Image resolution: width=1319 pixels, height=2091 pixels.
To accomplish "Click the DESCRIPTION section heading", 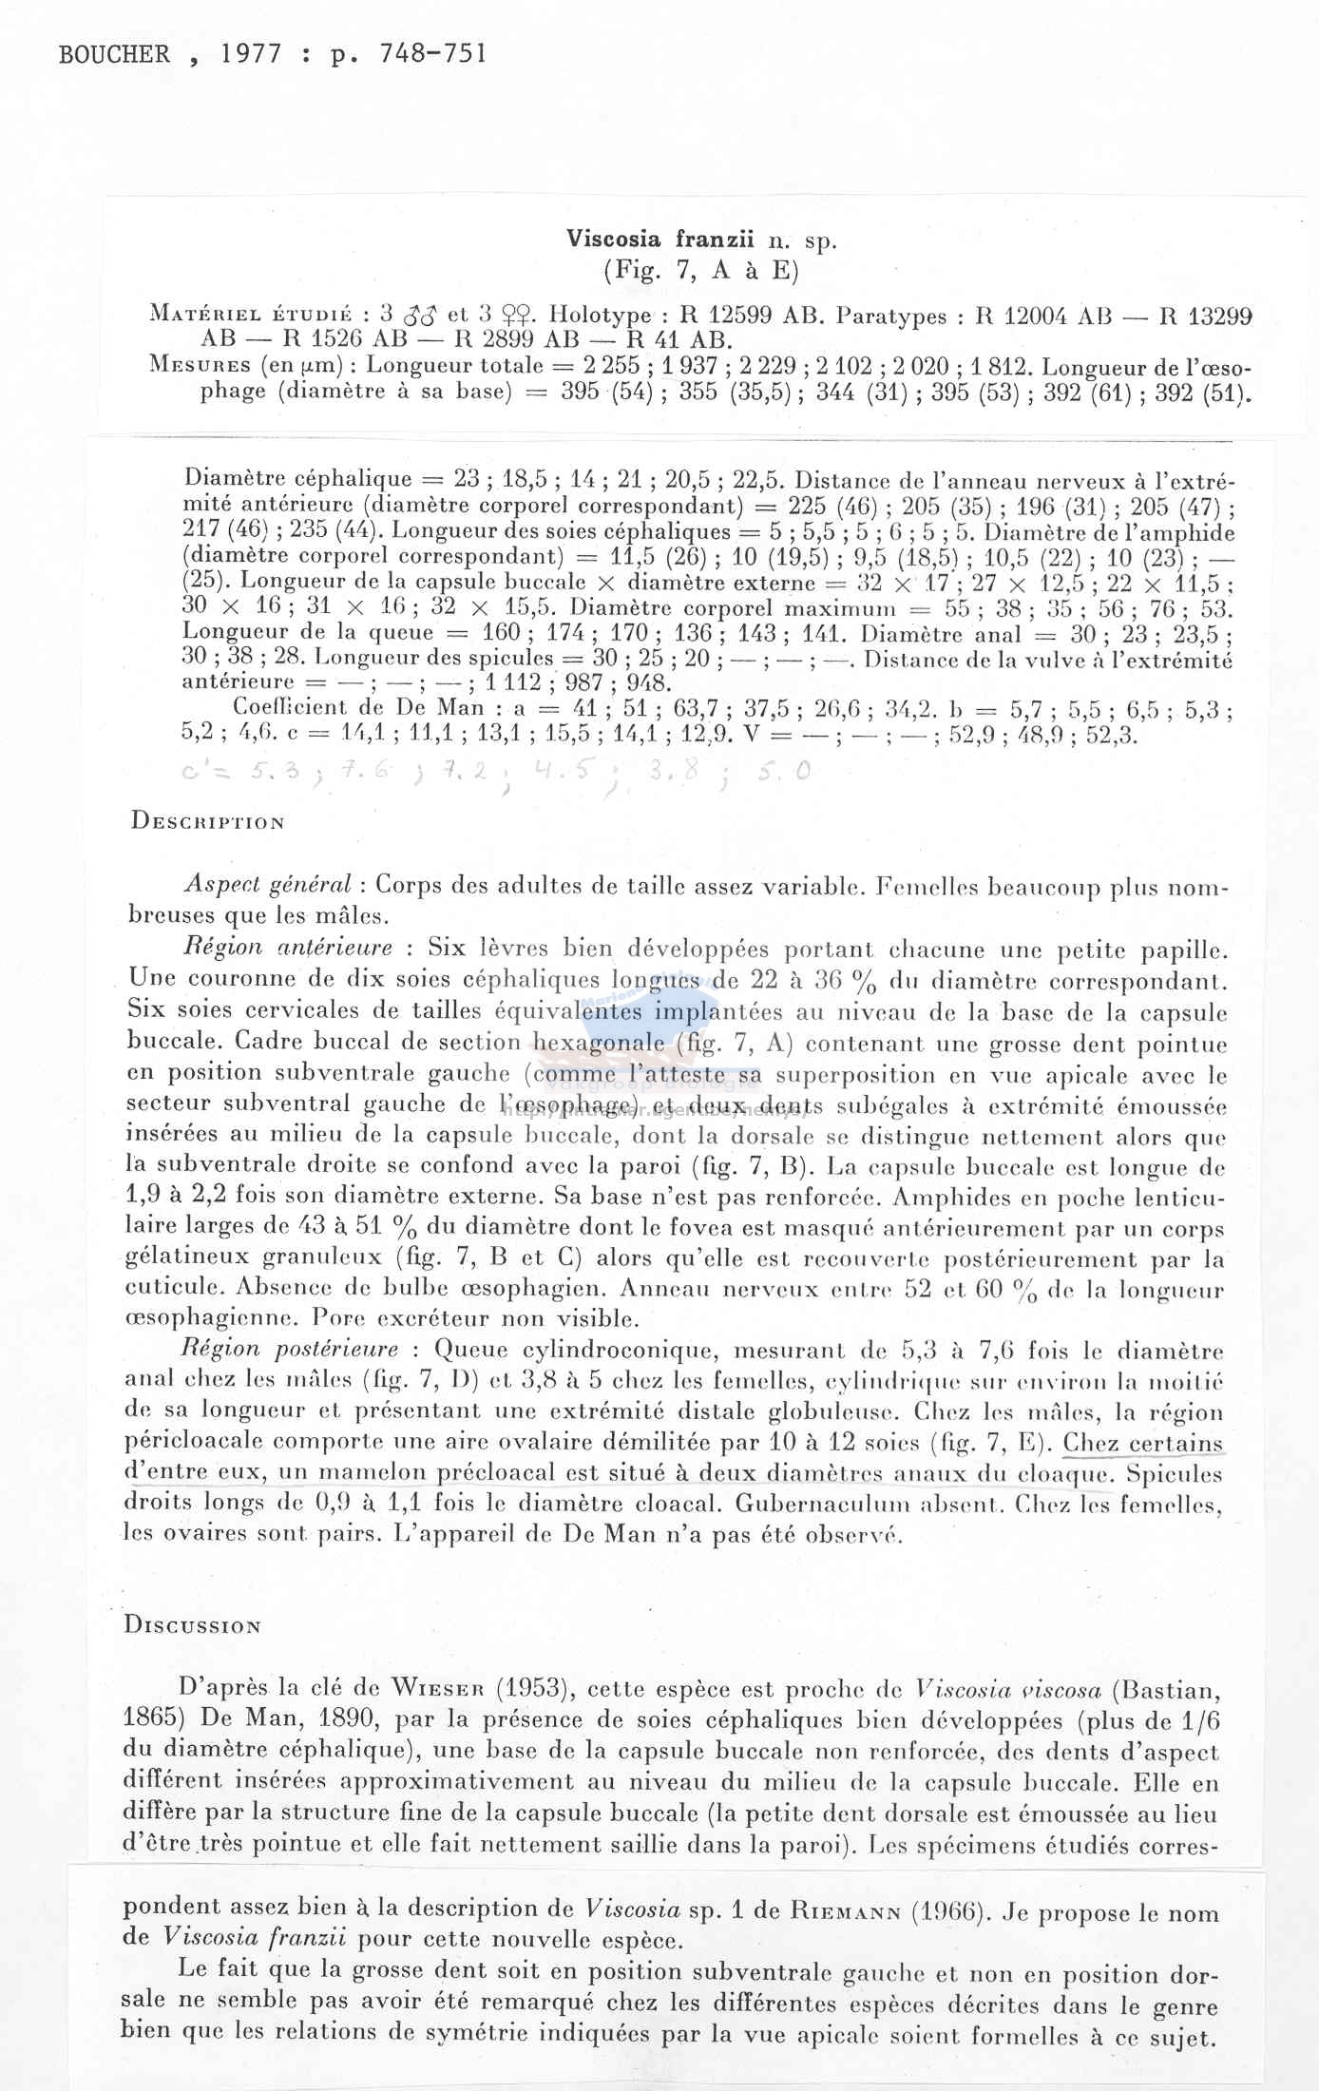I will [207, 822].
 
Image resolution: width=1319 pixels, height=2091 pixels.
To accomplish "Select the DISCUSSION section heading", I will [192, 1625].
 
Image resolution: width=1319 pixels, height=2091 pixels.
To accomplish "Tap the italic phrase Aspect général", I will [268, 885].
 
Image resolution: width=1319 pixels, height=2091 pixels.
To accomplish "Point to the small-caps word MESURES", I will [195, 366].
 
